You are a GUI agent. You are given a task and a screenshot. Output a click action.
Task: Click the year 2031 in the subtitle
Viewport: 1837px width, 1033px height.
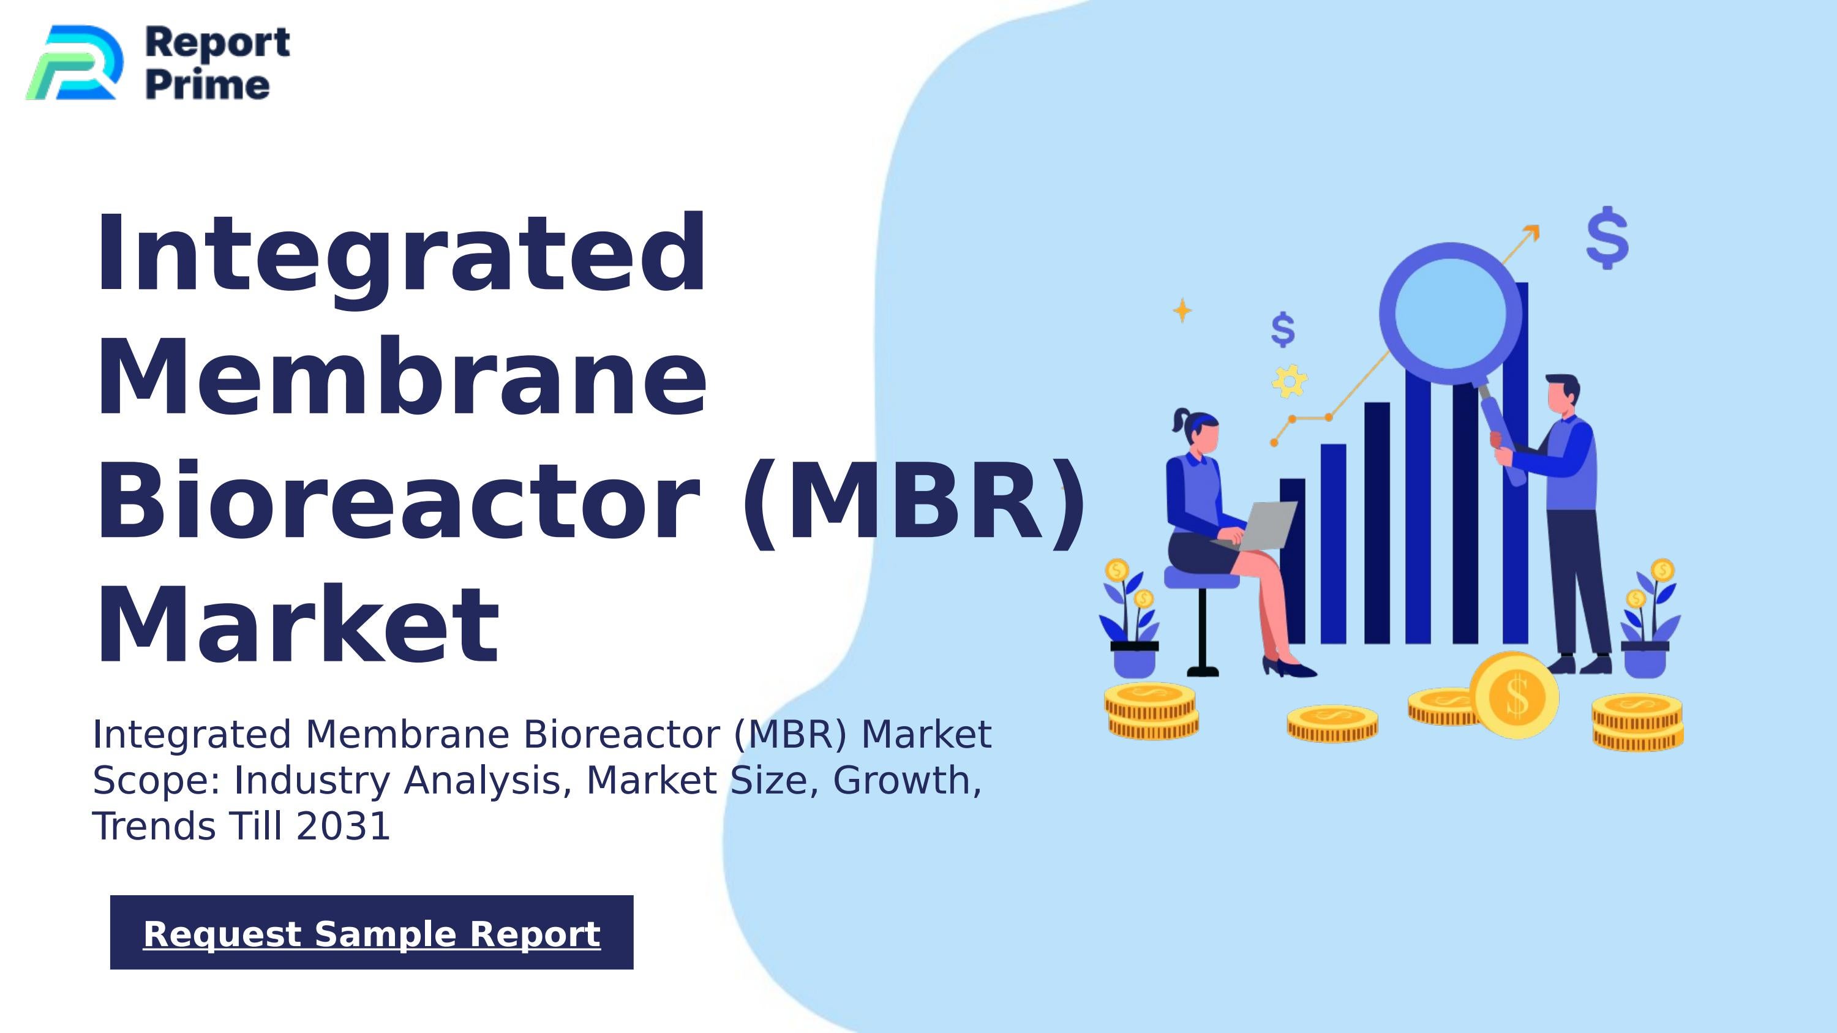[x=343, y=826]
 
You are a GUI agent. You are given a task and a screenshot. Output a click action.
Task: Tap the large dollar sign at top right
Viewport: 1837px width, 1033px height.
[x=1607, y=238]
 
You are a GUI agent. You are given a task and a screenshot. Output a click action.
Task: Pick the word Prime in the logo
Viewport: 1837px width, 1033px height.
[x=208, y=85]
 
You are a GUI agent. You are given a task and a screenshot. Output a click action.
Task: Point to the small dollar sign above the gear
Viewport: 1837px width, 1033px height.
[x=1283, y=329]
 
